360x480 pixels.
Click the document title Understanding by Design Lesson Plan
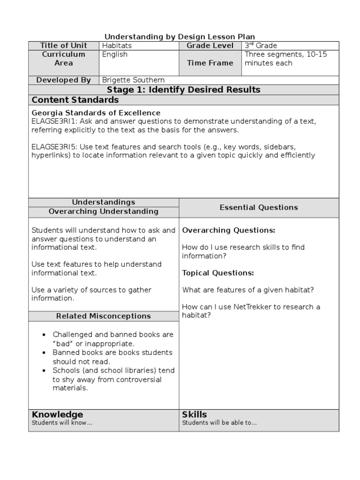click(x=180, y=37)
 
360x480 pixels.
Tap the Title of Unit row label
click(x=64, y=45)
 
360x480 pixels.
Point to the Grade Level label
click(x=210, y=45)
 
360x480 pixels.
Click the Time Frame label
click(x=210, y=63)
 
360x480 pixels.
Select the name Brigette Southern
click(x=134, y=80)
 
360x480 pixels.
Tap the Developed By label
click(x=64, y=80)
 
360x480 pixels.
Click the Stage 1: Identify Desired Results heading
click(x=184, y=90)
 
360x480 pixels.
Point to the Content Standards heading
click(x=75, y=100)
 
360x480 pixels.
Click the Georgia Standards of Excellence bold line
click(x=96, y=113)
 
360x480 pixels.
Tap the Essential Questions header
click(x=259, y=207)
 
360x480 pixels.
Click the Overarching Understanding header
click(x=104, y=211)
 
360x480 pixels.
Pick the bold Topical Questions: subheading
click(x=218, y=273)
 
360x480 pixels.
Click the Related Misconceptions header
click(x=104, y=316)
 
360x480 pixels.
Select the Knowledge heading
click(x=57, y=414)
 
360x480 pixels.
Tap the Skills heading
click(x=194, y=414)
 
